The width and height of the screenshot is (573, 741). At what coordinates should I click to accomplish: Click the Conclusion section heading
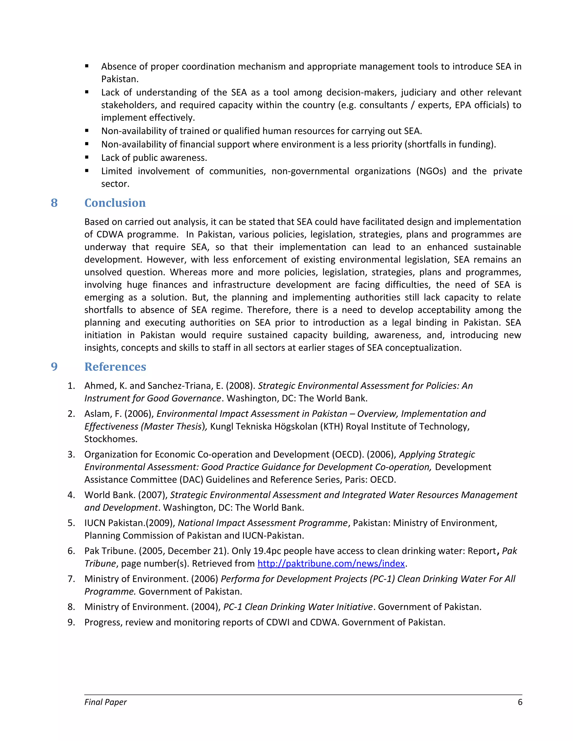pyautogui.click(x=115, y=203)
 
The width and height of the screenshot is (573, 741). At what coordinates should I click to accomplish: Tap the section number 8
pyautogui.click(x=54, y=203)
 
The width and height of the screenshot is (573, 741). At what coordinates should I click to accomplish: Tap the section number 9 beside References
pyautogui.click(x=54, y=367)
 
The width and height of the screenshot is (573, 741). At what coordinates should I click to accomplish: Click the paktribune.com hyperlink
pyautogui.click(x=331, y=563)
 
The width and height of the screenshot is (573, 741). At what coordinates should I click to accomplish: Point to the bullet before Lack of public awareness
pyautogui.click(x=87, y=157)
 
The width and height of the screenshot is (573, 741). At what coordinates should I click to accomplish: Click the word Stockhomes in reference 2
pyautogui.click(x=111, y=439)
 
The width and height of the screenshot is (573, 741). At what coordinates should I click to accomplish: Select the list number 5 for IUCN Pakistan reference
pyautogui.click(x=71, y=523)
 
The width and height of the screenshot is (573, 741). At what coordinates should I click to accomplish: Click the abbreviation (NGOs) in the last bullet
pyautogui.click(x=431, y=171)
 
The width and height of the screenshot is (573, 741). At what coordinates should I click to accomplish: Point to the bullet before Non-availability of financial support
pyautogui.click(x=87, y=144)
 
